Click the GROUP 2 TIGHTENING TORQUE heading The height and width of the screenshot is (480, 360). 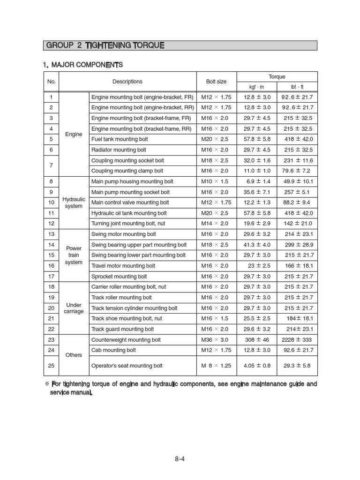point(105,45)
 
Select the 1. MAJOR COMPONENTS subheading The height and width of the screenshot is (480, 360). point(82,64)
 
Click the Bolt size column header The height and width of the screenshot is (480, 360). point(216,82)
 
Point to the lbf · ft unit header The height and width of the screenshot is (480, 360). point(297,87)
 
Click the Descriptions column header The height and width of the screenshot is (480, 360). point(127,82)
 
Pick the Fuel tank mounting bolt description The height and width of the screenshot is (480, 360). point(120,139)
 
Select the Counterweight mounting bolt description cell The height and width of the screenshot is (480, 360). point(126,340)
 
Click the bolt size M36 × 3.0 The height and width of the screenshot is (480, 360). point(215,340)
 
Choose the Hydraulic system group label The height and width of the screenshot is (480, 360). point(74,202)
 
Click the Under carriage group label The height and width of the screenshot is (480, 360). point(74,308)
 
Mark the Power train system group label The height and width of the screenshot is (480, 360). point(74,255)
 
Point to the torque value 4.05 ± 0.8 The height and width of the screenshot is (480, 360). point(257,366)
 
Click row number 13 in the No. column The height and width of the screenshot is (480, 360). point(51,234)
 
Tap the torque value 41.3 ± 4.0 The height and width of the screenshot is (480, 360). point(257,245)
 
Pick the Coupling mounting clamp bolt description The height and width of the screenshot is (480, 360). point(127,171)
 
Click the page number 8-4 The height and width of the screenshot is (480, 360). point(180,459)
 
